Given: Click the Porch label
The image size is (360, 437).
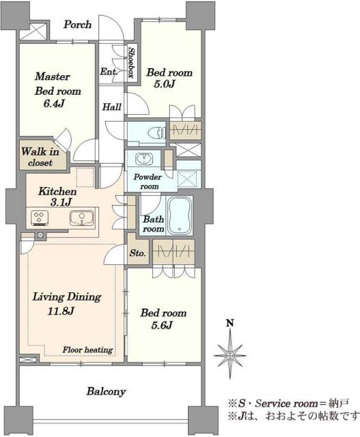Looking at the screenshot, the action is tap(77, 25).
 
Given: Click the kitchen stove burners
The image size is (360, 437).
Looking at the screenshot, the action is tap(40, 218).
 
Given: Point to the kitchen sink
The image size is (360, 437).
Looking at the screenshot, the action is tap(81, 217).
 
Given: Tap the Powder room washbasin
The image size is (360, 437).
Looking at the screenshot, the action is tap(144, 159).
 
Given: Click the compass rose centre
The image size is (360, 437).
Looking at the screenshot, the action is tap(230, 355).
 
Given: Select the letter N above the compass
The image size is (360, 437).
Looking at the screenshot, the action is tap(230, 323).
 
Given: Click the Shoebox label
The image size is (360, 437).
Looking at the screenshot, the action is tap(131, 62).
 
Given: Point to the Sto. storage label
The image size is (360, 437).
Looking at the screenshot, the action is tap(137, 253).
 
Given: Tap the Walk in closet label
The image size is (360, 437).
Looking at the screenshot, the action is tap(40, 157).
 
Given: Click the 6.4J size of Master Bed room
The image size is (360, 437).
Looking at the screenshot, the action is tap(54, 104).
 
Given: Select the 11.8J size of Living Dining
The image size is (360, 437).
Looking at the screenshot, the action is tap(61, 311).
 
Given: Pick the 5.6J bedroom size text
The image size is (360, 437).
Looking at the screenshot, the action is tap(163, 325).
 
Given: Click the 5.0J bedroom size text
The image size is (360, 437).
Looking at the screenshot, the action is tap(164, 84).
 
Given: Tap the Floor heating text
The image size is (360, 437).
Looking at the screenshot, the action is tap(87, 350).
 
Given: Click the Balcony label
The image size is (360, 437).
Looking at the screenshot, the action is tap(106, 391).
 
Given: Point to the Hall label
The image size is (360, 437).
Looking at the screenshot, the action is tap(111, 107).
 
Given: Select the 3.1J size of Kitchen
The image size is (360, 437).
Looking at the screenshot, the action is tap(61, 202).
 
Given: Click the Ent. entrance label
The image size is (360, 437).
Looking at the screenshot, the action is tap(109, 72).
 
